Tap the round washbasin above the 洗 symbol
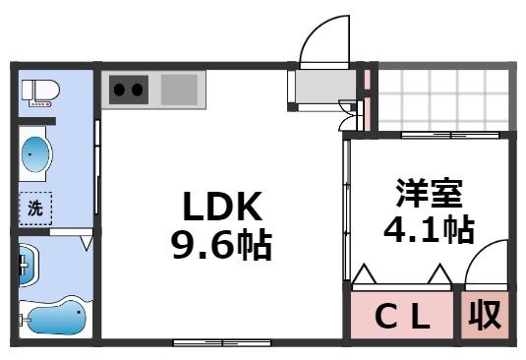(x=36, y=154)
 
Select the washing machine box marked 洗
(x=34, y=208)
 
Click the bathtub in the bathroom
(x=53, y=318)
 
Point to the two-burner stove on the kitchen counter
(x=128, y=90)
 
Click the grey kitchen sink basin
(x=179, y=90)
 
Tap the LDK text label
(x=220, y=206)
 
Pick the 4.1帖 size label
(x=429, y=229)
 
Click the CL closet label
(x=404, y=316)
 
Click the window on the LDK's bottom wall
(x=222, y=341)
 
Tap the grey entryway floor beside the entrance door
(x=321, y=90)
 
